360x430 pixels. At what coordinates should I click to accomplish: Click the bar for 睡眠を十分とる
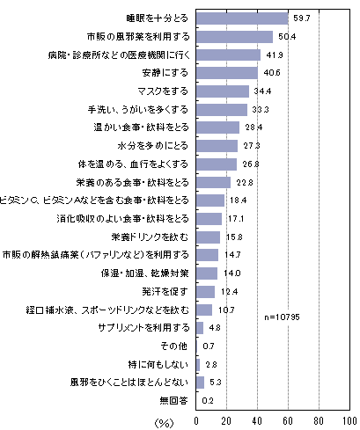point(242,18)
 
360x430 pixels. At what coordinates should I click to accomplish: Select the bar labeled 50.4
point(235,37)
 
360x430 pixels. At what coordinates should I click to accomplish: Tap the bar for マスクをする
point(223,91)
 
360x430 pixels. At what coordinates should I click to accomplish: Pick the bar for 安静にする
point(227,73)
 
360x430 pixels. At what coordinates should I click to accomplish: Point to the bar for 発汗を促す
point(206,292)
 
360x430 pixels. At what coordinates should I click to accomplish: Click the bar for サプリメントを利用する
point(200,328)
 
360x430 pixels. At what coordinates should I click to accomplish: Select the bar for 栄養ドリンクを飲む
point(209,237)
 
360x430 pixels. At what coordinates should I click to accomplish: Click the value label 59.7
point(302,18)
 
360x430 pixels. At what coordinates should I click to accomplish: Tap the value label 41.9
point(275,55)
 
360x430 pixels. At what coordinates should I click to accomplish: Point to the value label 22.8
point(245,183)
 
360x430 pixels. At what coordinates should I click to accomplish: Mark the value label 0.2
point(208,400)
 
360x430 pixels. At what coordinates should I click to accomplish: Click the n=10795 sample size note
point(282,317)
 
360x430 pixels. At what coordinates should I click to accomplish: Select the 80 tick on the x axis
point(319,421)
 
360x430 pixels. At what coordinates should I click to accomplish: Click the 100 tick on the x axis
point(349,421)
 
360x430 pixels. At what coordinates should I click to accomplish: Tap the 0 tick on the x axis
point(196,421)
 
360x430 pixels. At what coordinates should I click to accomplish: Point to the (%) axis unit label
point(164,423)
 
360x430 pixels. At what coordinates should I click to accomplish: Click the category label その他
point(173,346)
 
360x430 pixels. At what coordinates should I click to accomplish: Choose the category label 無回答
point(173,400)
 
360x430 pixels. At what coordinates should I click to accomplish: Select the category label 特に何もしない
point(158,364)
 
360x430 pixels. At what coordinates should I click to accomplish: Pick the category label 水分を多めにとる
point(152,146)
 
